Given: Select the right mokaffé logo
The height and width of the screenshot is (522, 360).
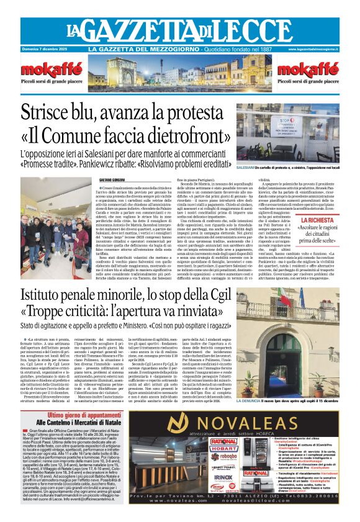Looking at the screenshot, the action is (x=304, y=69).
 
